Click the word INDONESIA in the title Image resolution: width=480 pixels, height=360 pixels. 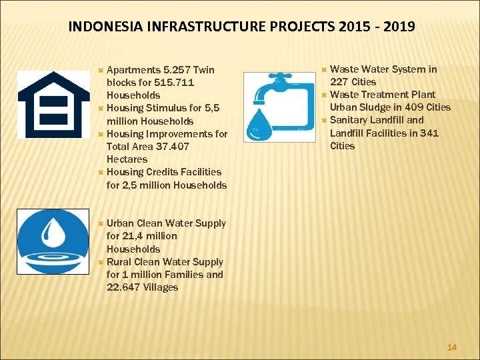point(103,27)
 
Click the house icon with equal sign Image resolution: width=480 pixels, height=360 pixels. point(53,104)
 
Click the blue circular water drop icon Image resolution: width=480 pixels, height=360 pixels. point(53,241)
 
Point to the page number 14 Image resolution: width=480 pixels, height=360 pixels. point(452,347)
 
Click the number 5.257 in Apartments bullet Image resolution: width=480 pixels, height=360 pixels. point(177,70)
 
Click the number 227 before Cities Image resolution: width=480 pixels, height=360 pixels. point(340,82)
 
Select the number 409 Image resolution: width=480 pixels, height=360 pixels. point(415,107)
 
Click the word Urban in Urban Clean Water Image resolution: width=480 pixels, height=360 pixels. point(120,223)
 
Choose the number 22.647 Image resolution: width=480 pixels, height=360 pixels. point(124,287)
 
